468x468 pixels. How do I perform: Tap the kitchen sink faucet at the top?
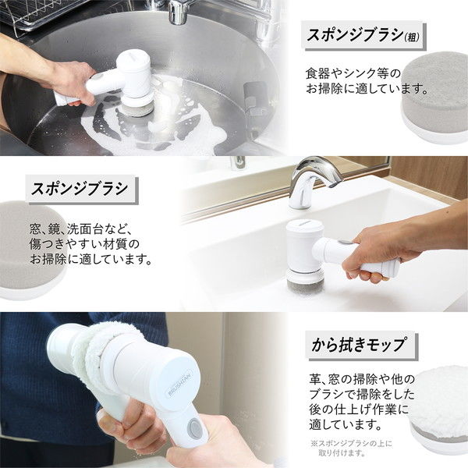pos(178,11)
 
